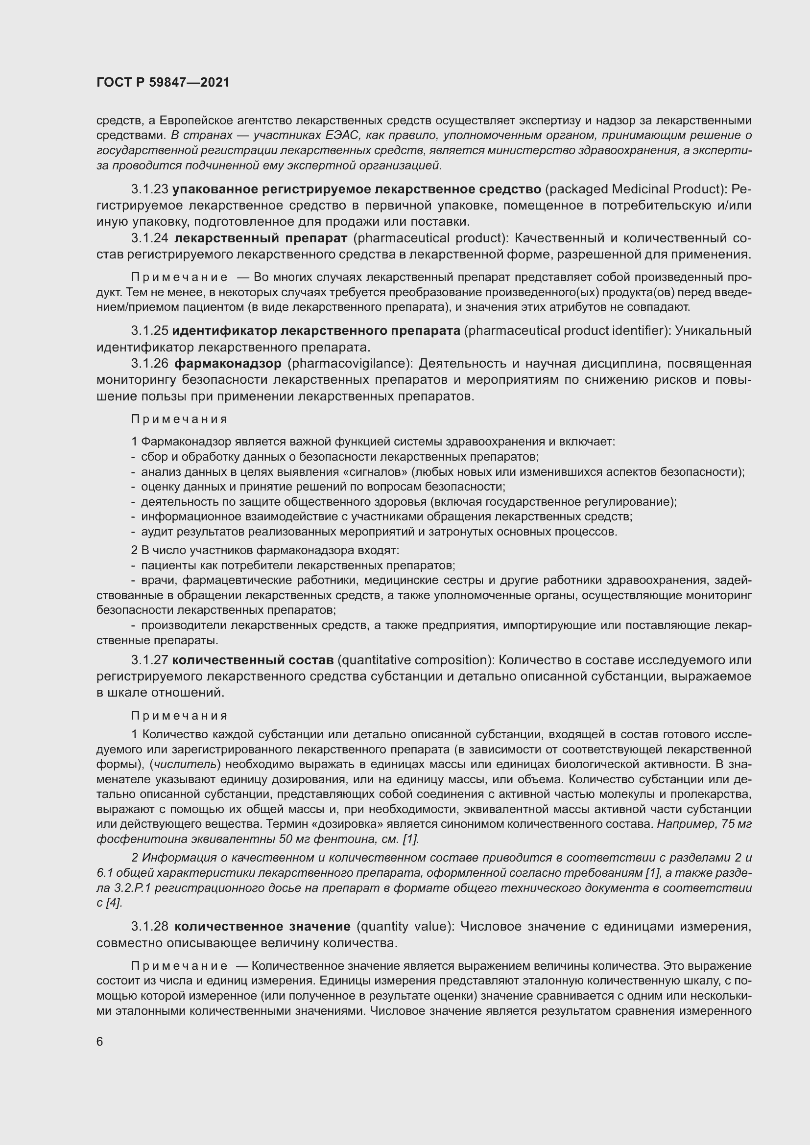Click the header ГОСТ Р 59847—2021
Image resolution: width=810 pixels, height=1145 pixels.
[163, 82]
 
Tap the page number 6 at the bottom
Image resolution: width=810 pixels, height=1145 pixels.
[100, 1042]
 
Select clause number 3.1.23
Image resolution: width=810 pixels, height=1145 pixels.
[149, 189]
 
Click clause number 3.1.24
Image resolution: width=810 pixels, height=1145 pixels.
[149, 238]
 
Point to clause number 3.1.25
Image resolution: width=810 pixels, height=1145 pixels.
[149, 330]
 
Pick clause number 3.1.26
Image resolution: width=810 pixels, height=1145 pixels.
[149, 364]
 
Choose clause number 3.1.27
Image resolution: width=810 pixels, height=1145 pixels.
[149, 660]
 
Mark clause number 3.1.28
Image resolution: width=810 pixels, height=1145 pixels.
[149, 927]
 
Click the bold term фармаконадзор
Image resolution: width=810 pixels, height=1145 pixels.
[228, 364]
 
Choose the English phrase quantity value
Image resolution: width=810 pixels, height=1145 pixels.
[405, 927]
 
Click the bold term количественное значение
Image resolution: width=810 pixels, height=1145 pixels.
[262, 927]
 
